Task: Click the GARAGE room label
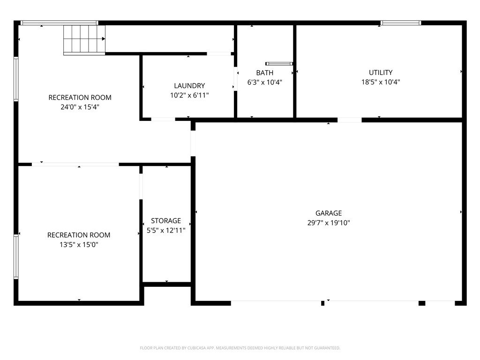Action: coord(329,213)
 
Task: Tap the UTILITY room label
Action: coord(381,73)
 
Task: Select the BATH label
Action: coord(265,73)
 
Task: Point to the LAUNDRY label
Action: coord(189,86)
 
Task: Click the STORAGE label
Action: coord(166,221)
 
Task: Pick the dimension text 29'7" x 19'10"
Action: coord(329,223)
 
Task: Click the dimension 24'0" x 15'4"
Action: coord(80,107)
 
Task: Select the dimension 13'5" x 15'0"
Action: coord(79,245)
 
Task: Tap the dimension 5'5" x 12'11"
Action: coord(166,231)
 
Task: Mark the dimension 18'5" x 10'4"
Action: coord(381,82)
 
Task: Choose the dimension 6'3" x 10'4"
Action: coord(265,82)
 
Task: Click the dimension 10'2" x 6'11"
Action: coord(189,95)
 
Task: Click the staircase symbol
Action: coord(84,39)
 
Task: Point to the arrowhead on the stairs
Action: coord(104,39)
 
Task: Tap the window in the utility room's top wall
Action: coord(401,22)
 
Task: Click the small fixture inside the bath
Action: coord(279,64)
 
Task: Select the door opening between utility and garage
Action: coord(350,120)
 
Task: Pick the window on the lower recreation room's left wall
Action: coord(16,256)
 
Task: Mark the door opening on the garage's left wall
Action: coord(193,143)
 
